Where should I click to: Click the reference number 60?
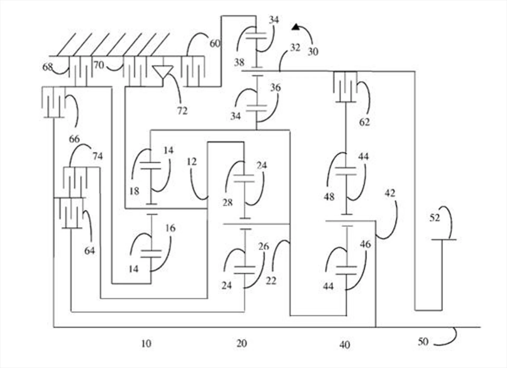coord(215,43)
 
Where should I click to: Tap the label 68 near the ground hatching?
coord(48,67)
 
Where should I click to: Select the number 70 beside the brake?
coord(99,65)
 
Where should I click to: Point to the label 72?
coord(182,111)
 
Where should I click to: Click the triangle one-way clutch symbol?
coord(163,71)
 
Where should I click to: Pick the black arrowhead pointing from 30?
coord(296,26)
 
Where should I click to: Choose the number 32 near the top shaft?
coord(295,48)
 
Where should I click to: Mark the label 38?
coord(239,62)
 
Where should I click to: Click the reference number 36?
coord(275,88)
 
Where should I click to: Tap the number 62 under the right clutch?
coord(364,122)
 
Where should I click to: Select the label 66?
coord(74,139)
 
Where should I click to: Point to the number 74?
coord(97,156)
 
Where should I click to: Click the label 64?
coord(90,251)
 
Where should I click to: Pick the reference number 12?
coord(192,161)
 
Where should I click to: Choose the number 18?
coord(134,191)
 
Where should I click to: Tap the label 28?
coord(227,203)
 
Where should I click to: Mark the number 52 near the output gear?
coord(435,218)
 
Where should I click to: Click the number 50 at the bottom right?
coord(423,342)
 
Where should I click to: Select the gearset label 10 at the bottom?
coord(146,343)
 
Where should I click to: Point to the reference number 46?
coord(365,244)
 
